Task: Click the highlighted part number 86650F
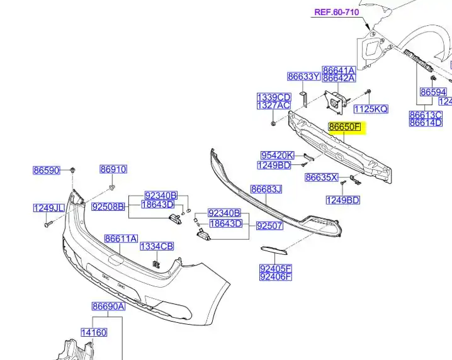[x=345, y=127]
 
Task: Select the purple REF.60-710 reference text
[x=336, y=12]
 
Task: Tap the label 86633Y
[x=304, y=76]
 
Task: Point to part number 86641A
[x=339, y=70]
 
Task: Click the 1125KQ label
[x=371, y=109]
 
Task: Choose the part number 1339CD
[x=274, y=97]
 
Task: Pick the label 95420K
[x=277, y=155]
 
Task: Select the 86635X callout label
[x=322, y=177]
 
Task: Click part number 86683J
[x=266, y=189]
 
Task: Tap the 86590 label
[x=47, y=171]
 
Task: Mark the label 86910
[x=113, y=169]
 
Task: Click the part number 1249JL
[x=48, y=208]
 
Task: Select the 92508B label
[x=108, y=206]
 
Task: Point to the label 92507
[x=269, y=226]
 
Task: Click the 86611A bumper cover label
[x=121, y=239]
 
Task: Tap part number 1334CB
[x=157, y=247]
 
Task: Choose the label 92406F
[x=276, y=277]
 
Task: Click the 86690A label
[x=109, y=307]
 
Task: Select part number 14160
[x=94, y=332]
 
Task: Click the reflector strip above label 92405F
[x=274, y=250]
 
